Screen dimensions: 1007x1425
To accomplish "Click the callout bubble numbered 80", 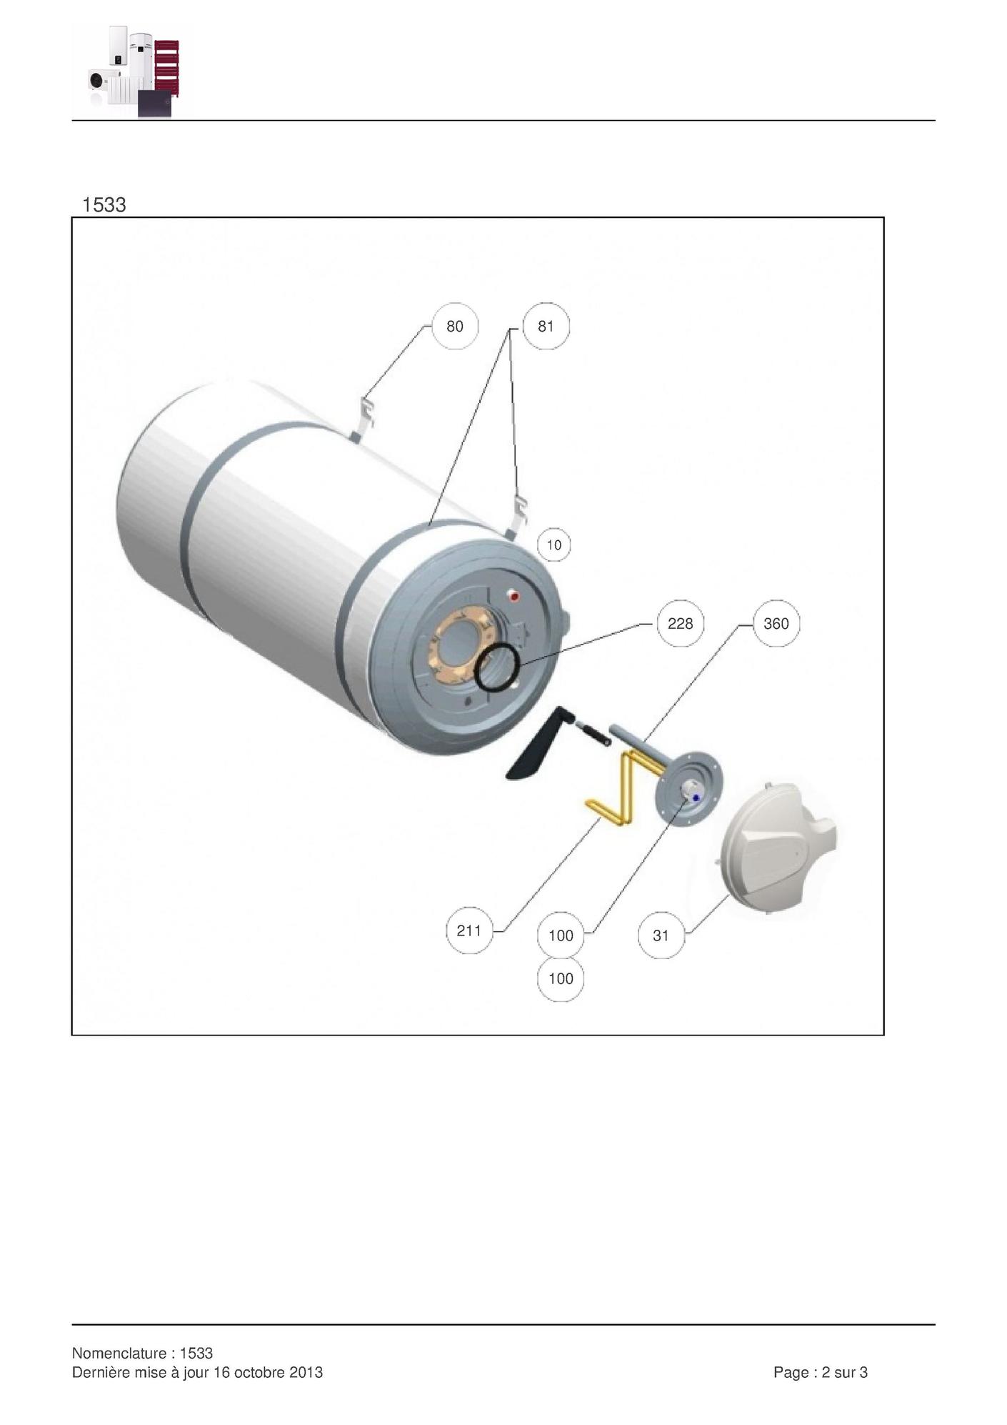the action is [455, 327].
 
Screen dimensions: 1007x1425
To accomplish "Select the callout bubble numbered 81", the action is [546, 327].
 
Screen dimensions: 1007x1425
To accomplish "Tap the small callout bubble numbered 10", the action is [554, 545].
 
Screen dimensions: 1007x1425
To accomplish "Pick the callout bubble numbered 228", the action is [680, 624].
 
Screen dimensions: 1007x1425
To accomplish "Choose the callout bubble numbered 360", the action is [776, 624].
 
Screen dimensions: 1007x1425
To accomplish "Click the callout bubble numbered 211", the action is [469, 930].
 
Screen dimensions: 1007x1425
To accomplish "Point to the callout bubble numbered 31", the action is [661, 935].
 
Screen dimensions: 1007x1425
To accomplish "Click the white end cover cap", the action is [778, 844].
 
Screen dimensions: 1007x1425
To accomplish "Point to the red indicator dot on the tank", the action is [513, 597].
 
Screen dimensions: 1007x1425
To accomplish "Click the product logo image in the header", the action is [134, 70].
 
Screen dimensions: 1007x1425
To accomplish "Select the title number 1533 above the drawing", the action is [104, 205].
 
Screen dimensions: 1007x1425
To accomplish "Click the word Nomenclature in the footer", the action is [120, 1353].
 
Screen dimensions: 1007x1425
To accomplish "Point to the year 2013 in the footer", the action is [306, 1372].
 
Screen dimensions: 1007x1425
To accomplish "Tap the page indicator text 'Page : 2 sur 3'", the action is [821, 1372].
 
